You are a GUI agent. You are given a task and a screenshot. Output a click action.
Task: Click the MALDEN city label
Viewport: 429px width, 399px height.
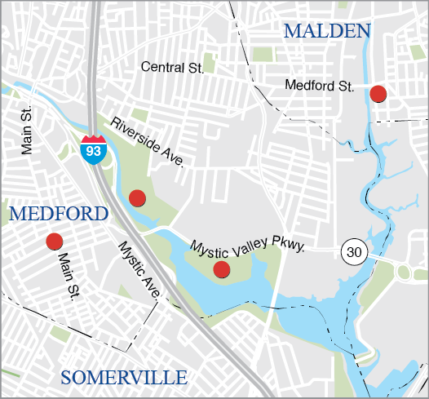coord(326,32)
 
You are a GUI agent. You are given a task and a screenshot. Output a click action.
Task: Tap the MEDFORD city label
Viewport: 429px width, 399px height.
coord(59,215)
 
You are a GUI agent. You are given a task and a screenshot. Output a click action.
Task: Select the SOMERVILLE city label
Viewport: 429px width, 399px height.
coord(124,377)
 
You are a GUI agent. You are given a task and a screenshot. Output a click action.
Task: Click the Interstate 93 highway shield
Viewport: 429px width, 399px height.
coord(92,150)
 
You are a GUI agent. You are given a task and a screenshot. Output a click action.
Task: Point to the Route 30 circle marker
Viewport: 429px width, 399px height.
coord(353,252)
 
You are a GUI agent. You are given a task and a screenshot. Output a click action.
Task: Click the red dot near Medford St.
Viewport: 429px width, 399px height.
coord(378,94)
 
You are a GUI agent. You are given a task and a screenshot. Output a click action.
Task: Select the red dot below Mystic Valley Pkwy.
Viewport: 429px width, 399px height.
coord(221,269)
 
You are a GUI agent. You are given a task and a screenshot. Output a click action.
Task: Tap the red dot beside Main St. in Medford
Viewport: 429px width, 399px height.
coord(55,241)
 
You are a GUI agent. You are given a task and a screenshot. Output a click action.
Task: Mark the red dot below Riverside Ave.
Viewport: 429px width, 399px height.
coord(137,197)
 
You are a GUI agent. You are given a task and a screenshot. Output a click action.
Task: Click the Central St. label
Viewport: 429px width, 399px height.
coord(171,68)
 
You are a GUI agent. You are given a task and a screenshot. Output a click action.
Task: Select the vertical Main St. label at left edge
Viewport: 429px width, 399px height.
coord(28,131)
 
